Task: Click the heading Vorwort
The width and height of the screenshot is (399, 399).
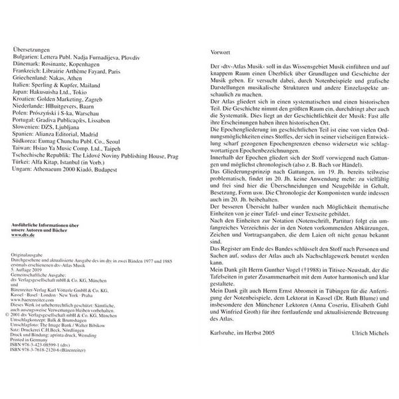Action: pyautogui.click(x=221, y=49)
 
